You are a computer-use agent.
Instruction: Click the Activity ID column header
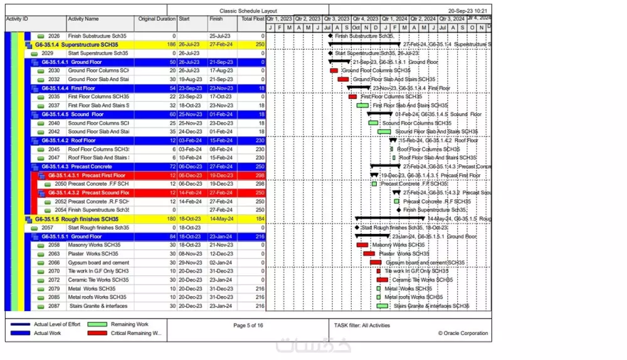pyautogui.click(x=18, y=19)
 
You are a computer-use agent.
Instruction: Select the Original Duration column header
pyautogui.click(x=157, y=19)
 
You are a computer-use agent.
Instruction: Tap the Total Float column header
pyautogui.click(x=251, y=19)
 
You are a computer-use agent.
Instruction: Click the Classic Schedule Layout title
pyautogui.click(x=248, y=11)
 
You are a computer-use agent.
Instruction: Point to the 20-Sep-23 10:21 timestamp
pyautogui.click(x=469, y=11)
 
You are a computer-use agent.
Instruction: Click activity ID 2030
pyautogui.click(x=54, y=71)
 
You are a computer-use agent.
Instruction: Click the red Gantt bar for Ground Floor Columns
pyautogui.click(x=334, y=71)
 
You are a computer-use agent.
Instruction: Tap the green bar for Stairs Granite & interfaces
pyautogui.click(x=382, y=306)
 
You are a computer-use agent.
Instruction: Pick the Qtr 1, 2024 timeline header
pyautogui.click(x=394, y=19)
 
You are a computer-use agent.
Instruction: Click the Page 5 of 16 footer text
pyautogui.click(x=248, y=326)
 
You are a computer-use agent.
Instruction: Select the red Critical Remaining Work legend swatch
pyautogui.click(x=97, y=333)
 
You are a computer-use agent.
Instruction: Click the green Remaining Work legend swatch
pyautogui.click(x=97, y=324)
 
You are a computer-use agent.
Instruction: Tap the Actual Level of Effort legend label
pyautogui.click(x=57, y=324)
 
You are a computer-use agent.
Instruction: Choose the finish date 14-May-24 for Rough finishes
pyautogui.click(x=221, y=219)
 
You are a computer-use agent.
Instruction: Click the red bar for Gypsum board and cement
pyautogui.click(x=376, y=263)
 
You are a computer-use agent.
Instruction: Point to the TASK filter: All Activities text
pyautogui.click(x=362, y=326)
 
